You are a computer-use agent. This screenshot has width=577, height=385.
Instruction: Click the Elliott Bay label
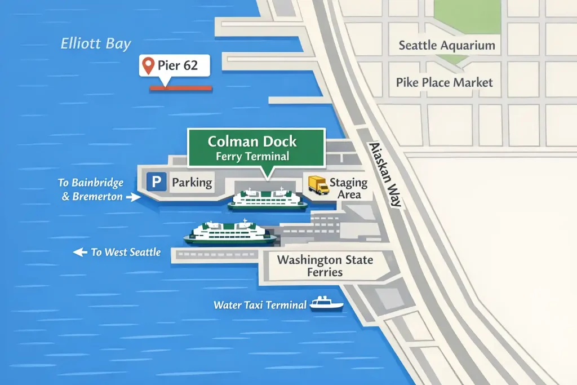coord(96,44)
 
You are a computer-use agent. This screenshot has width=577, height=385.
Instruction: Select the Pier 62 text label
coord(177,65)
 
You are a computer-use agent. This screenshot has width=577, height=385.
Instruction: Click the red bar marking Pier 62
coord(180,88)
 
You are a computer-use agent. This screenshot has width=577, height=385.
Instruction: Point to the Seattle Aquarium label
coord(447,46)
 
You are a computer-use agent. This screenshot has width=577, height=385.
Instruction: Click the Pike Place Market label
coord(444,82)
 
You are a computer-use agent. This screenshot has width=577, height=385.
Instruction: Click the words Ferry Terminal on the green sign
coord(252,157)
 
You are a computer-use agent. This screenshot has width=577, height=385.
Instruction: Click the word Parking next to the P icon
coord(192,182)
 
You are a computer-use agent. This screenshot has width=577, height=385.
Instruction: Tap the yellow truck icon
coord(318,185)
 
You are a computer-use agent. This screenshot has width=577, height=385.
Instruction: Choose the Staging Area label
coord(348,189)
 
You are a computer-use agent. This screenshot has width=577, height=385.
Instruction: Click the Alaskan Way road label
coord(385,174)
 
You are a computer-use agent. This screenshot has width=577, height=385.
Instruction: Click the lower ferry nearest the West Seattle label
coord(230,233)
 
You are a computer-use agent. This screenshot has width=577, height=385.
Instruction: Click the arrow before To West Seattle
coord(81,253)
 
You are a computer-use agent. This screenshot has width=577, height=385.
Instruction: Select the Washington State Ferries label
coord(325,266)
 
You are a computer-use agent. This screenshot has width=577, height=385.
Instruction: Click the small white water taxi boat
coord(326,304)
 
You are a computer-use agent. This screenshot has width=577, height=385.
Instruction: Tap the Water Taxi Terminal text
coord(260,305)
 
